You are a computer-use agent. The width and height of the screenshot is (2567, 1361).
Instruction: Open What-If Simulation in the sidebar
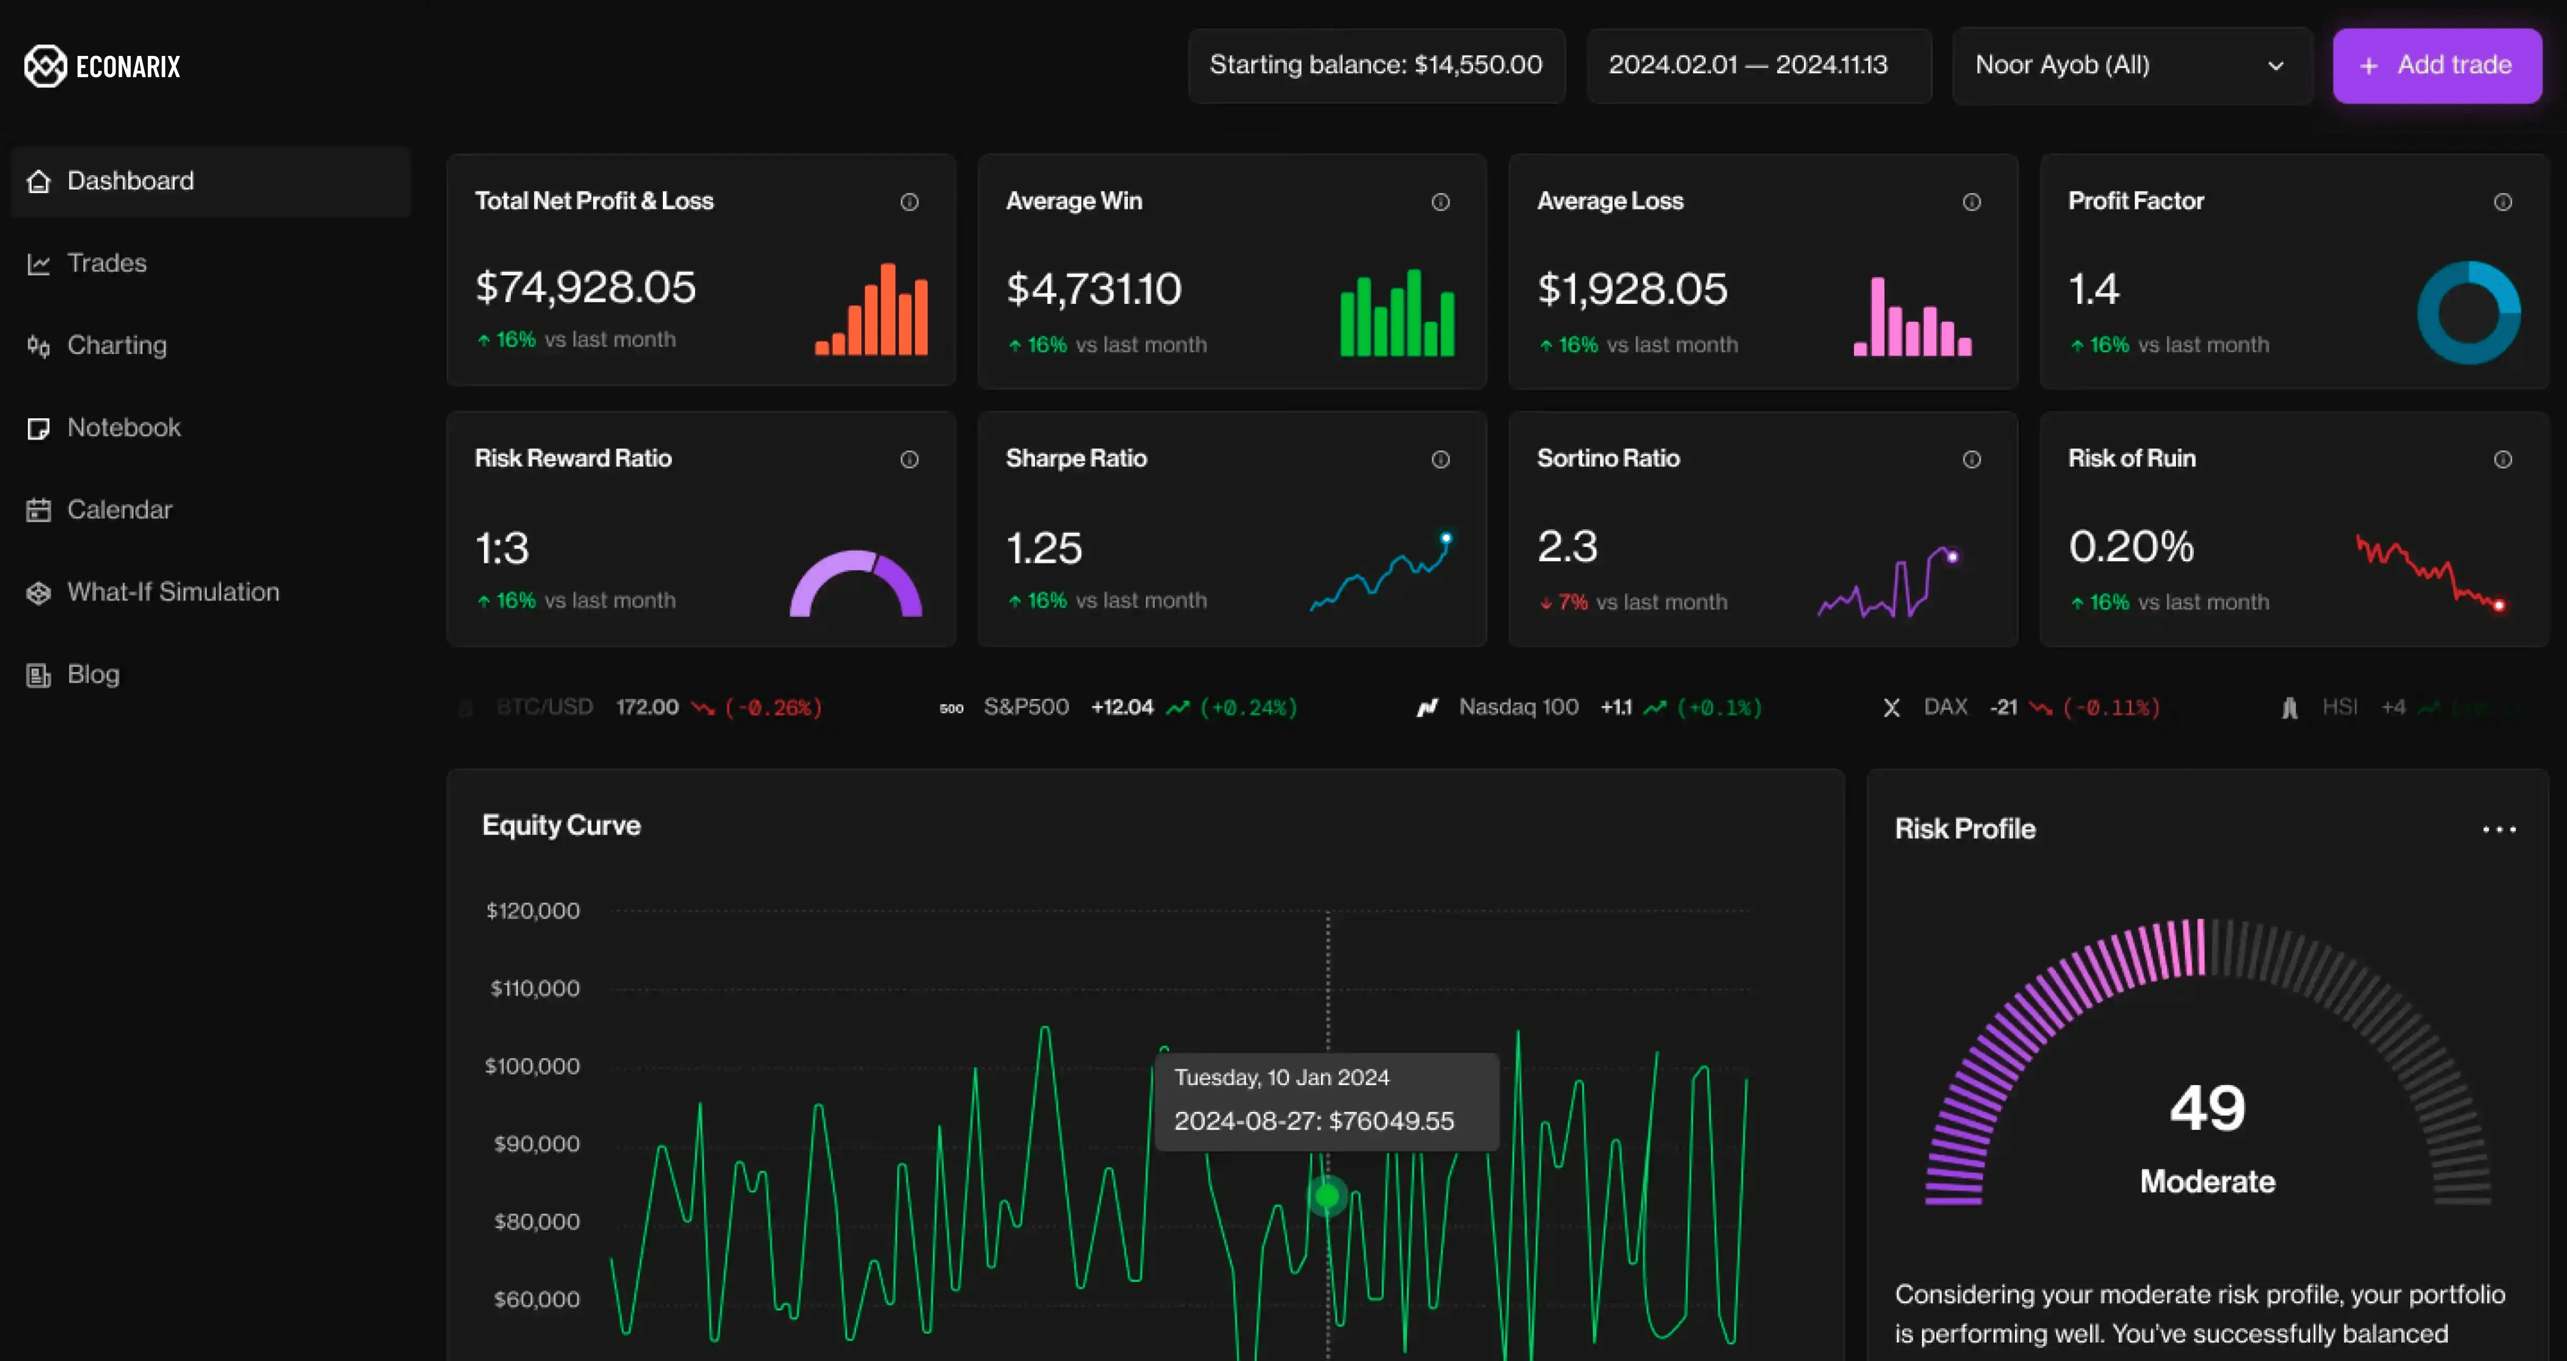click(173, 592)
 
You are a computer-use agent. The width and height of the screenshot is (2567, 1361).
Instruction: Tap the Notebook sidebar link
click(123, 427)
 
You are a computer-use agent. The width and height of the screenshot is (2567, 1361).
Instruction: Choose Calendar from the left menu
click(119, 510)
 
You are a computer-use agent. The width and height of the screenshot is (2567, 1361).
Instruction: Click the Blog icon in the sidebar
click(38, 676)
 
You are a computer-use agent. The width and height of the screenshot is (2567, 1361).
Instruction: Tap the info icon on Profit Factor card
click(2502, 202)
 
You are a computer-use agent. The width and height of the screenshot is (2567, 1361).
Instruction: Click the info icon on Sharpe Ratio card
click(1440, 459)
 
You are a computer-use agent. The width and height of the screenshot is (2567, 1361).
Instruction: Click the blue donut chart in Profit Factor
click(2468, 313)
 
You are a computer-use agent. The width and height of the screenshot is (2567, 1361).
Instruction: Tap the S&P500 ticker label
click(1025, 707)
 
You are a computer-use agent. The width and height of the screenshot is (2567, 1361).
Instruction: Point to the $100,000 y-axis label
click(532, 1066)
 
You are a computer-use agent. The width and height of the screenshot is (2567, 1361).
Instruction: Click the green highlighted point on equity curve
click(1327, 1195)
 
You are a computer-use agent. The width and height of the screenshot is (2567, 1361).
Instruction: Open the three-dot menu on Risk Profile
click(2498, 829)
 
